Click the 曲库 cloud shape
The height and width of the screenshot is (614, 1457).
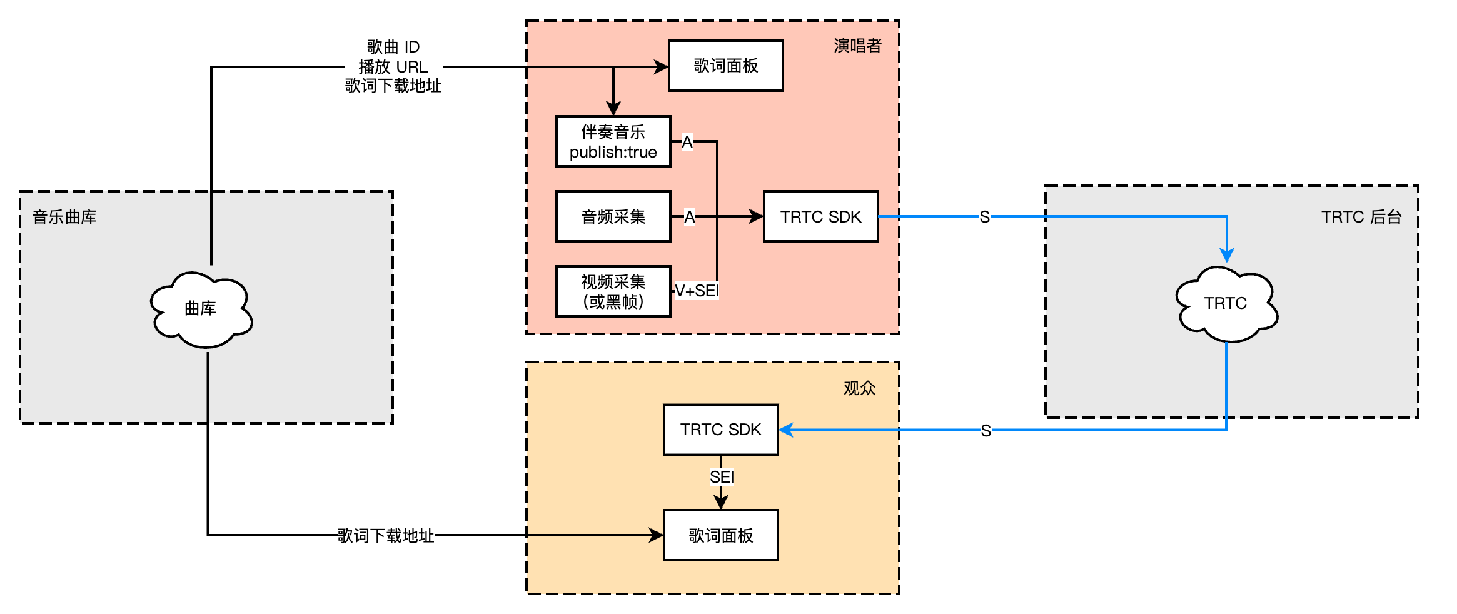pos(201,309)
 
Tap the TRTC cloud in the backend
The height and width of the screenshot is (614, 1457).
pos(1226,304)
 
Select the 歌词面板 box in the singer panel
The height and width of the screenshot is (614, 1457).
pos(725,66)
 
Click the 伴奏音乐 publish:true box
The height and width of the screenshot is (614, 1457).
pos(613,141)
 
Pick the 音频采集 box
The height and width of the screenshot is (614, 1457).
pos(613,216)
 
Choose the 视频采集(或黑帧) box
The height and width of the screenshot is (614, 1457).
pos(613,291)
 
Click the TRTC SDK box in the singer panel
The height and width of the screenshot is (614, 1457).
pos(820,216)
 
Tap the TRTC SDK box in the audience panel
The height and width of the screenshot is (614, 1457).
pos(720,430)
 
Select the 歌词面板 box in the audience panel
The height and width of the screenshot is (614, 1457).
pos(720,535)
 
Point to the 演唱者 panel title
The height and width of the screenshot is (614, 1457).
pos(857,46)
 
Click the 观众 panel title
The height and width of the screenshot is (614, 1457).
pos(859,388)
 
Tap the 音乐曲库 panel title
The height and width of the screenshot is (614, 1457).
pos(64,217)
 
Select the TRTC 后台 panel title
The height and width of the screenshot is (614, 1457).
pos(1361,217)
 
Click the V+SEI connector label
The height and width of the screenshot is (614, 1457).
pos(697,291)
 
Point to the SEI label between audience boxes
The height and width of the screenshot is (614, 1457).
pos(722,477)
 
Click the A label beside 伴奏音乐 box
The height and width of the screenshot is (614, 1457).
pos(687,143)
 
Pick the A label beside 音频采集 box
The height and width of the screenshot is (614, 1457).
pos(689,217)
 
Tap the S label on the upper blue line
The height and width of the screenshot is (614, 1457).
pos(984,217)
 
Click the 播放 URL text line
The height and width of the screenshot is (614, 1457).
pos(393,67)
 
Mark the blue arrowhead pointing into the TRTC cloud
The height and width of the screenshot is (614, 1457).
pos(1227,256)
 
